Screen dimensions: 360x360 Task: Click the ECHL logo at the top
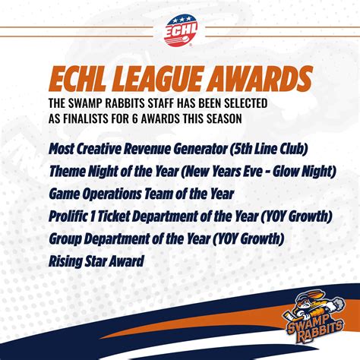click(x=181, y=30)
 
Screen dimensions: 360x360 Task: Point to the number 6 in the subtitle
click(x=135, y=118)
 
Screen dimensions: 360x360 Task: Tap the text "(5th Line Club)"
click(x=269, y=149)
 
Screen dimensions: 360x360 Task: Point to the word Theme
click(x=67, y=172)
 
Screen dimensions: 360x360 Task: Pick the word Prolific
click(x=68, y=216)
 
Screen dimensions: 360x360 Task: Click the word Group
click(x=65, y=239)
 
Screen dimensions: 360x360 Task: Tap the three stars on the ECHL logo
click(x=182, y=19)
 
